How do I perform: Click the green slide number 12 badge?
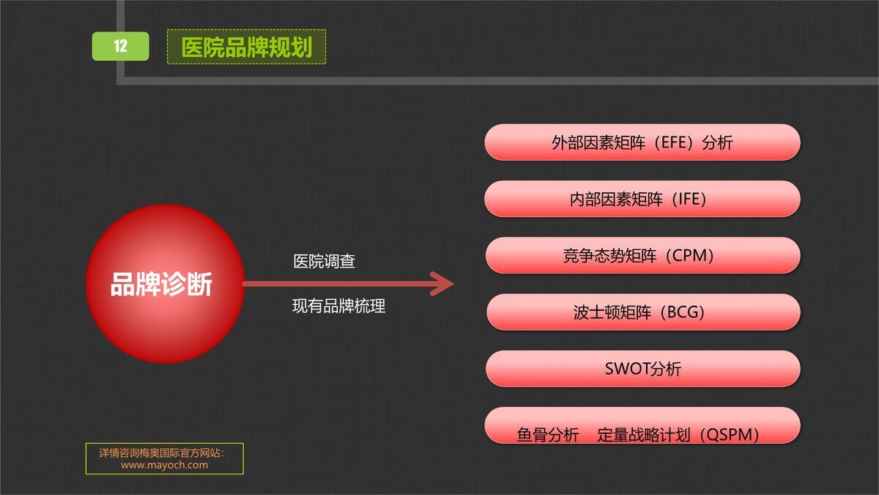(x=120, y=46)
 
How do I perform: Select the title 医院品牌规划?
(x=246, y=47)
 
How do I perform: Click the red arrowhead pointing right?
(x=442, y=284)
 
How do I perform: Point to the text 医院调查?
(x=324, y=261)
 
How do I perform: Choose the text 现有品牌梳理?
(x=338, y=307)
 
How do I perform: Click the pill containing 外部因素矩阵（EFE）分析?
(x=642, y=142)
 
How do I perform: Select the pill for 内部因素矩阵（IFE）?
(x=642, y=199)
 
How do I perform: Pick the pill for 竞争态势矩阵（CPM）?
(x=642, y=255)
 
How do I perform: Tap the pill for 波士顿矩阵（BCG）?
(x=642, y=312)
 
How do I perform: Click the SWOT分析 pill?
(x=642, y=369)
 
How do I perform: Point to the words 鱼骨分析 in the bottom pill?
(x=548, y=435)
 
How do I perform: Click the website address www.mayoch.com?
(x=164, y=465)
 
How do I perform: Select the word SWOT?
(x=627, y=369)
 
